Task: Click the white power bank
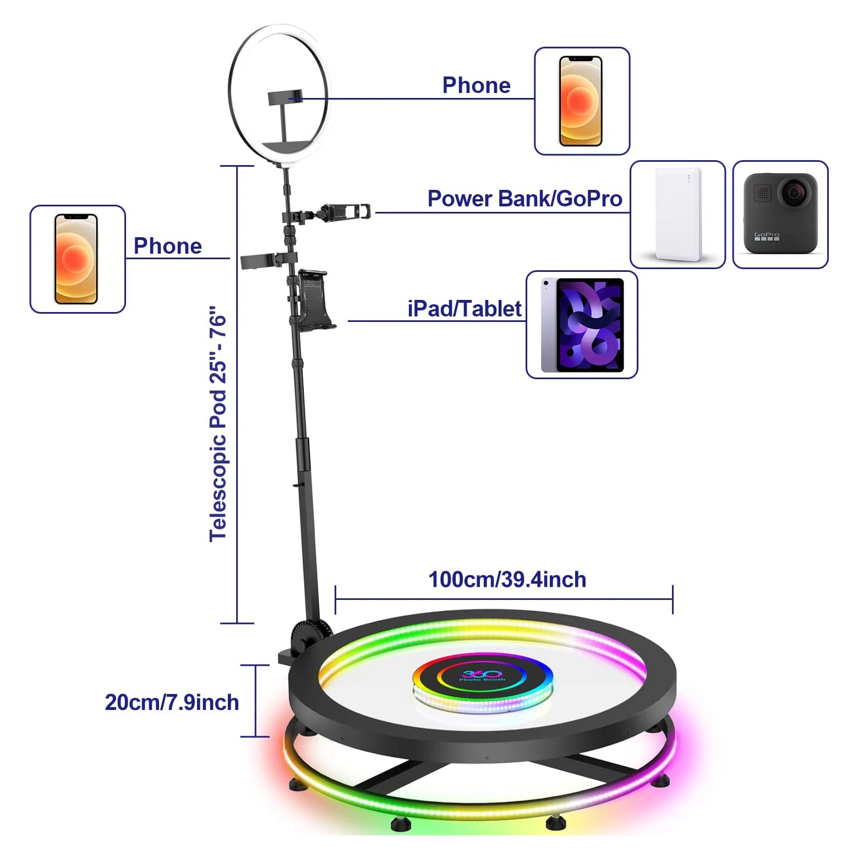[678, 214]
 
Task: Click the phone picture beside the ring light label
[581, 101]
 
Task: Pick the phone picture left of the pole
[76, 259]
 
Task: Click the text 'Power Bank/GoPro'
[524, 199]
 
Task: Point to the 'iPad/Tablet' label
[464, 309]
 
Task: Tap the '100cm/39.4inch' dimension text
[507, 580]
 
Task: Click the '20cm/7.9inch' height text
[172, 702]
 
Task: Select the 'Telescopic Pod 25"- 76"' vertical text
[218, 424]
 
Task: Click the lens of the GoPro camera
[794, 193]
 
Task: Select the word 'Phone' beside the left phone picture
[168, 246]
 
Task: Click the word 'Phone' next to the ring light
[476, 85]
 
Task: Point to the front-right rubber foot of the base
[556, 823]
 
